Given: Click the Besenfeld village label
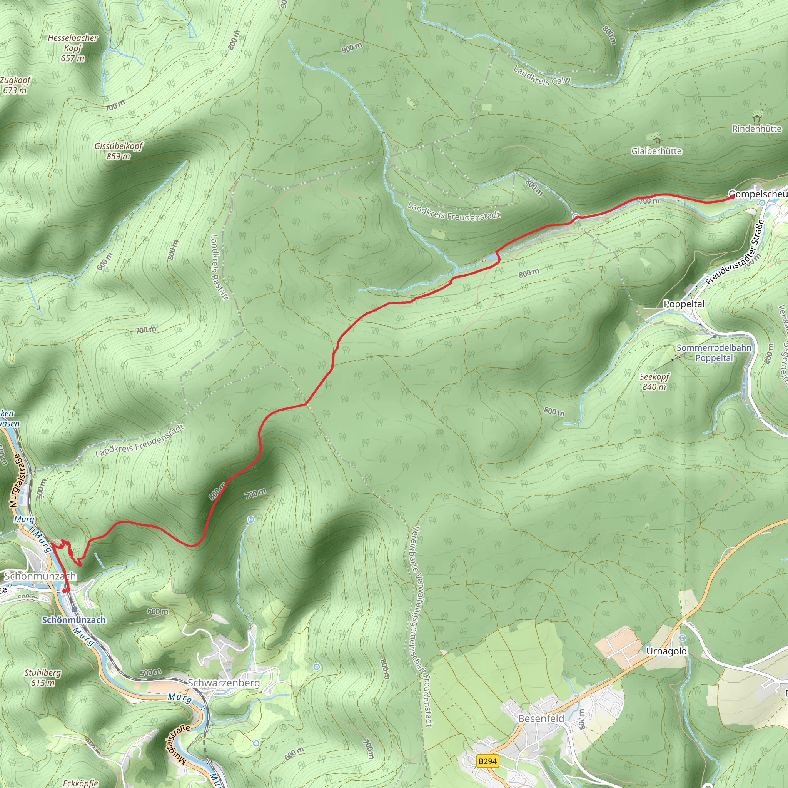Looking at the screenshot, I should pyautogui.click(x=541, y=718).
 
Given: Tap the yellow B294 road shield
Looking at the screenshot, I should pyautogui.click(x=488, y=761).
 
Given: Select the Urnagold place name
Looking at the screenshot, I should pyautogui.click(x=666, y=651).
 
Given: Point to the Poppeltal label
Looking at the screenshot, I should pyautogui.click(x=684, y=304).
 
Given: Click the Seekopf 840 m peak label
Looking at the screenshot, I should pyautogui.click(x=654, y=382).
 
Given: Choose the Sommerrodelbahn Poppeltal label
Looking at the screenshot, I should pyautogui.click(x=714, y=353).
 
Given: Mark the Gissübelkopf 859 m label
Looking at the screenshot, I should pyautogui.click(x=119, y=151).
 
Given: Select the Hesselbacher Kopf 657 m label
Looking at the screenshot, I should pyautogui.click(x=73, y=48).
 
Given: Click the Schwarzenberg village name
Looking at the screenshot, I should pyautogui.click(x=224, y=683).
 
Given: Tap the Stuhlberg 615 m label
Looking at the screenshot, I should pyautogui.click(x=43, y=678).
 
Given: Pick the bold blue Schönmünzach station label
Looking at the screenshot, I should pyautogui.click(x=74, y=620).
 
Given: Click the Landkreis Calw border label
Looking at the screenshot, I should pyautogui.click(x=542, y=76).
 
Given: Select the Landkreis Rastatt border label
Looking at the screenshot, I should pyautogui.click(x=219, y=267).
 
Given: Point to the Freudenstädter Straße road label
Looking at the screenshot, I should pyautogui.click(x=735, y=252).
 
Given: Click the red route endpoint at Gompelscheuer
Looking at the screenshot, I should pyautogui.click(x=733, y=197).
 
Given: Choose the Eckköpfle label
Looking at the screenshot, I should pyautogui.click(x=80, y=783).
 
